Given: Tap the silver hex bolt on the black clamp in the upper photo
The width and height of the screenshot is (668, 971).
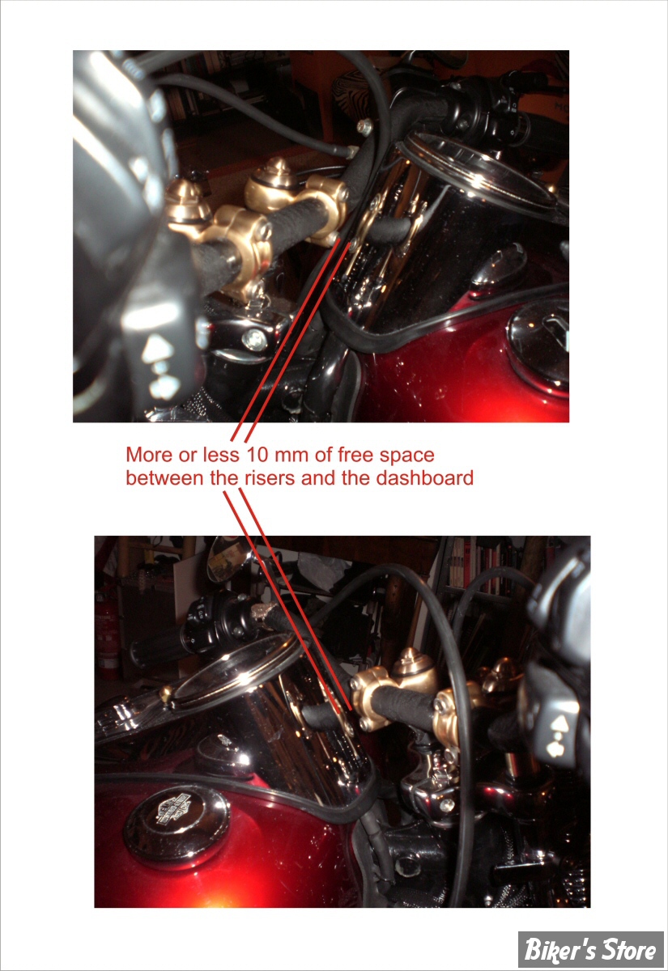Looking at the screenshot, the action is point(253,338).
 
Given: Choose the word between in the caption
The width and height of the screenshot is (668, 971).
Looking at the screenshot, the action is point(166,478).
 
